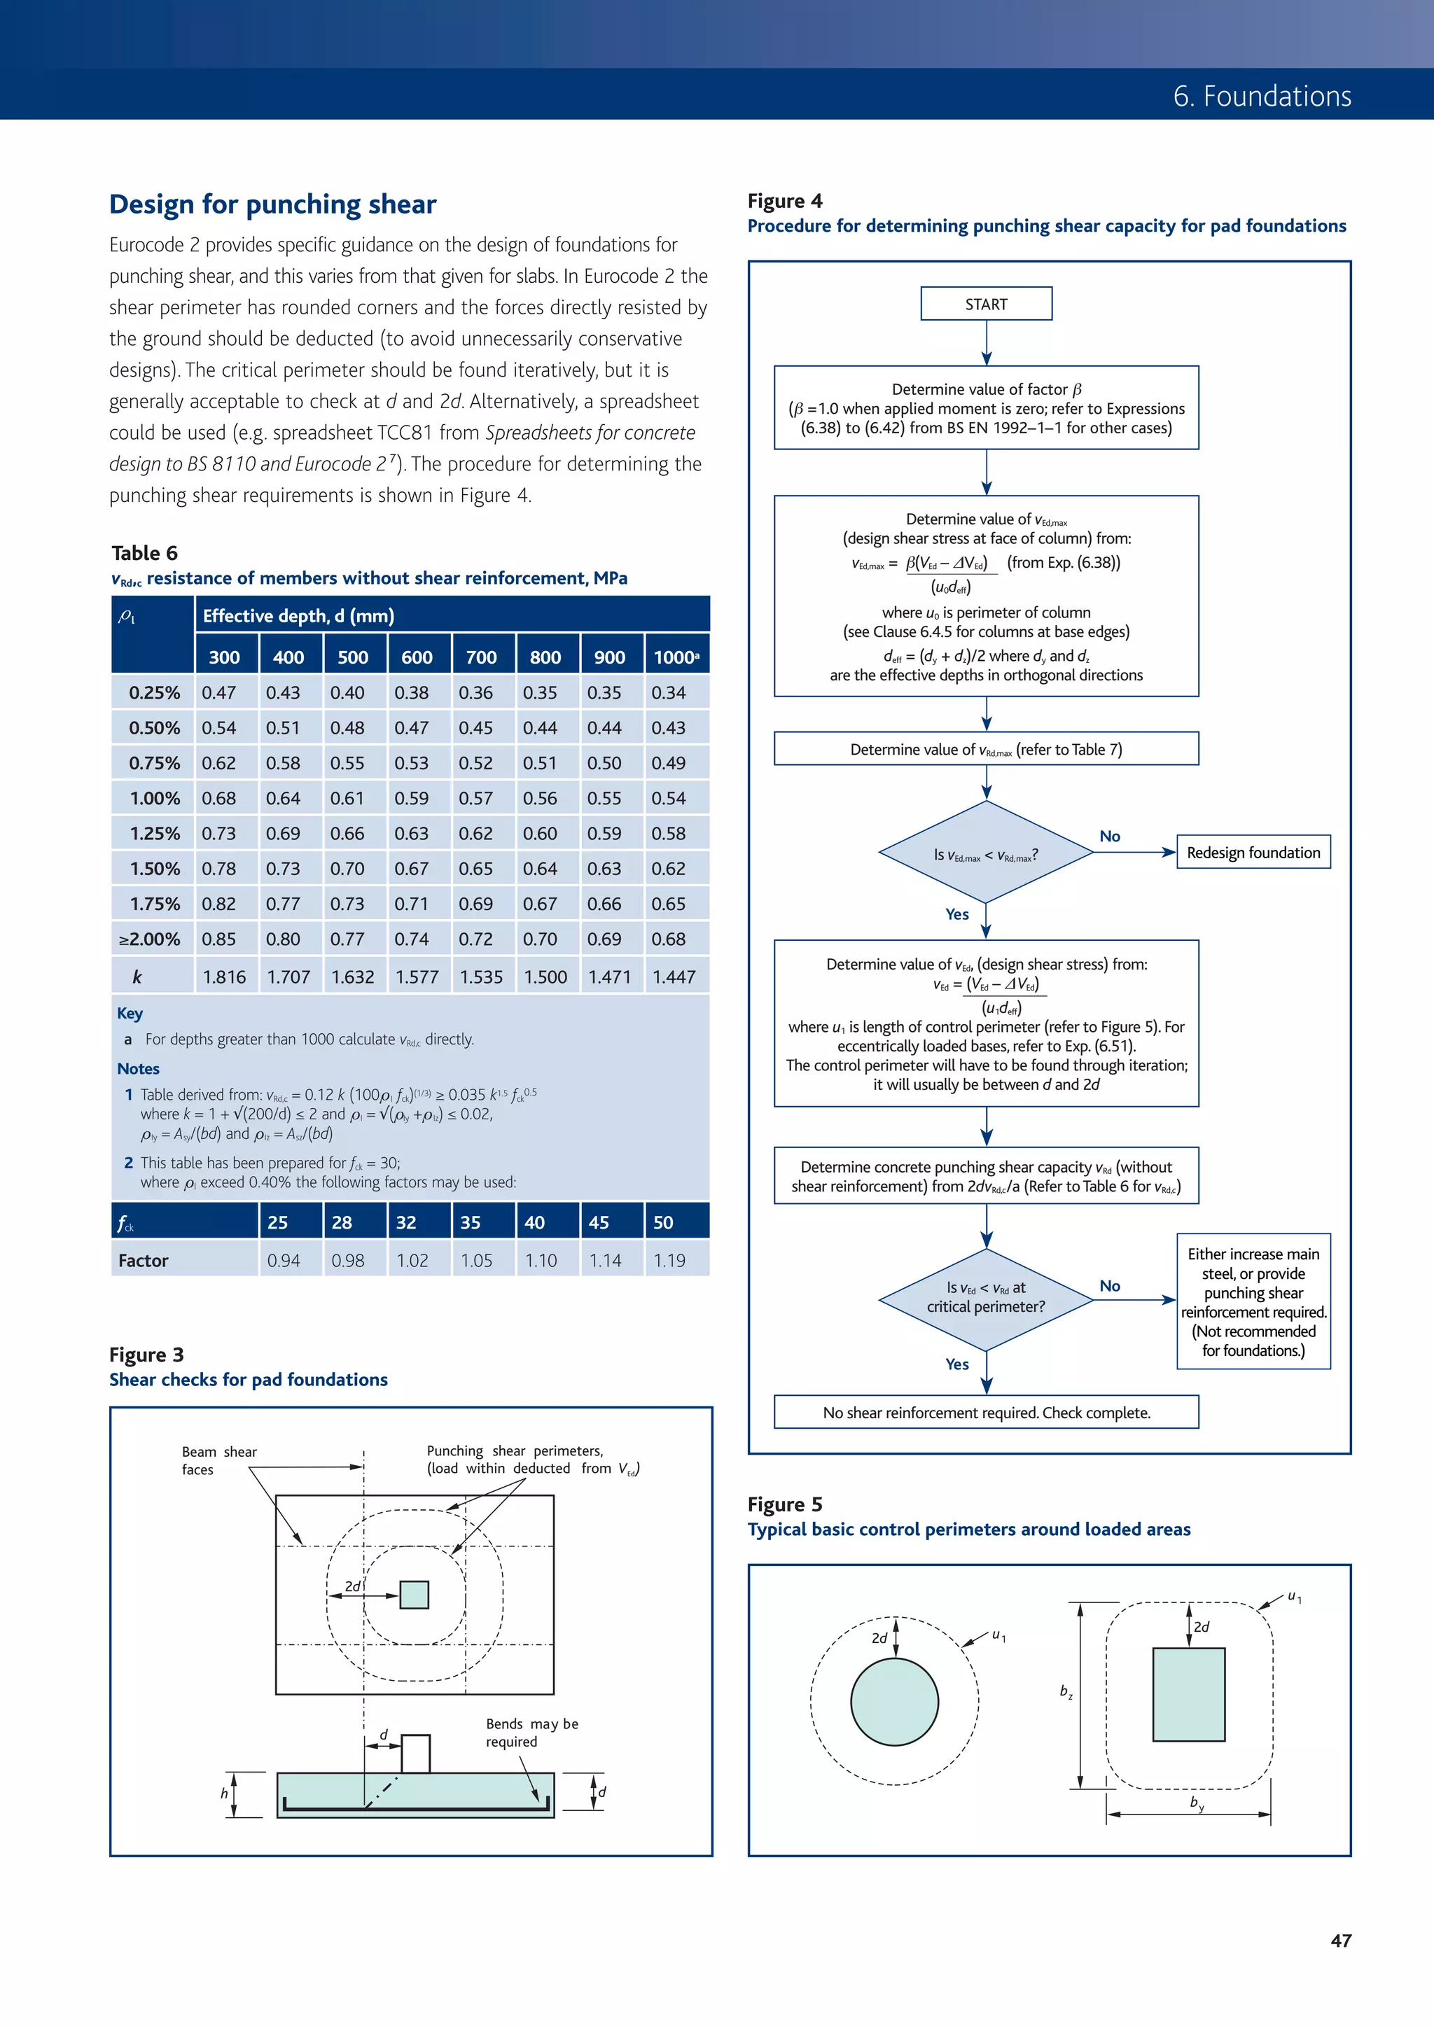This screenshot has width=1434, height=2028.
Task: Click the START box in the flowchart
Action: click(x=986, y=304)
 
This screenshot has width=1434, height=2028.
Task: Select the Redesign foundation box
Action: click(x=1253, y=853)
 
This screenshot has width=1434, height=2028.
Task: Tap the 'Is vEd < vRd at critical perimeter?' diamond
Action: click(x=986, y=1298)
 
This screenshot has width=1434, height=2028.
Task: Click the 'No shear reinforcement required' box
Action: click(x=986, y=1413)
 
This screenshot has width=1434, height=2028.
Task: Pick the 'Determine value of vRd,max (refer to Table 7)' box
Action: click(x=986, y=749)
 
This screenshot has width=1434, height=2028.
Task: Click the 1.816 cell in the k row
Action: click(x=225, y=977)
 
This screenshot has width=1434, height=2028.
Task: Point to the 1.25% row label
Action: click(x=154, y=833)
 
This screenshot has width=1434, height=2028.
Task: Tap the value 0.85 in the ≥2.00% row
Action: click(x=219, y=939)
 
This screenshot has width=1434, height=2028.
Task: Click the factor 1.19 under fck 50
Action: click(x=669, y=1261)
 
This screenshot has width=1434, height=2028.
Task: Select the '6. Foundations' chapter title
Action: click(x=1262, y=95)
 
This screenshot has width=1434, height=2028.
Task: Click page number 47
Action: click(x=1340, y=1940)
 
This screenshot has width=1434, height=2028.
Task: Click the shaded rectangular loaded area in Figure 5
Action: click(x=1188, y=1694)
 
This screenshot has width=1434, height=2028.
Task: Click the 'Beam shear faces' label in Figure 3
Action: click(x=218, y=1460)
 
